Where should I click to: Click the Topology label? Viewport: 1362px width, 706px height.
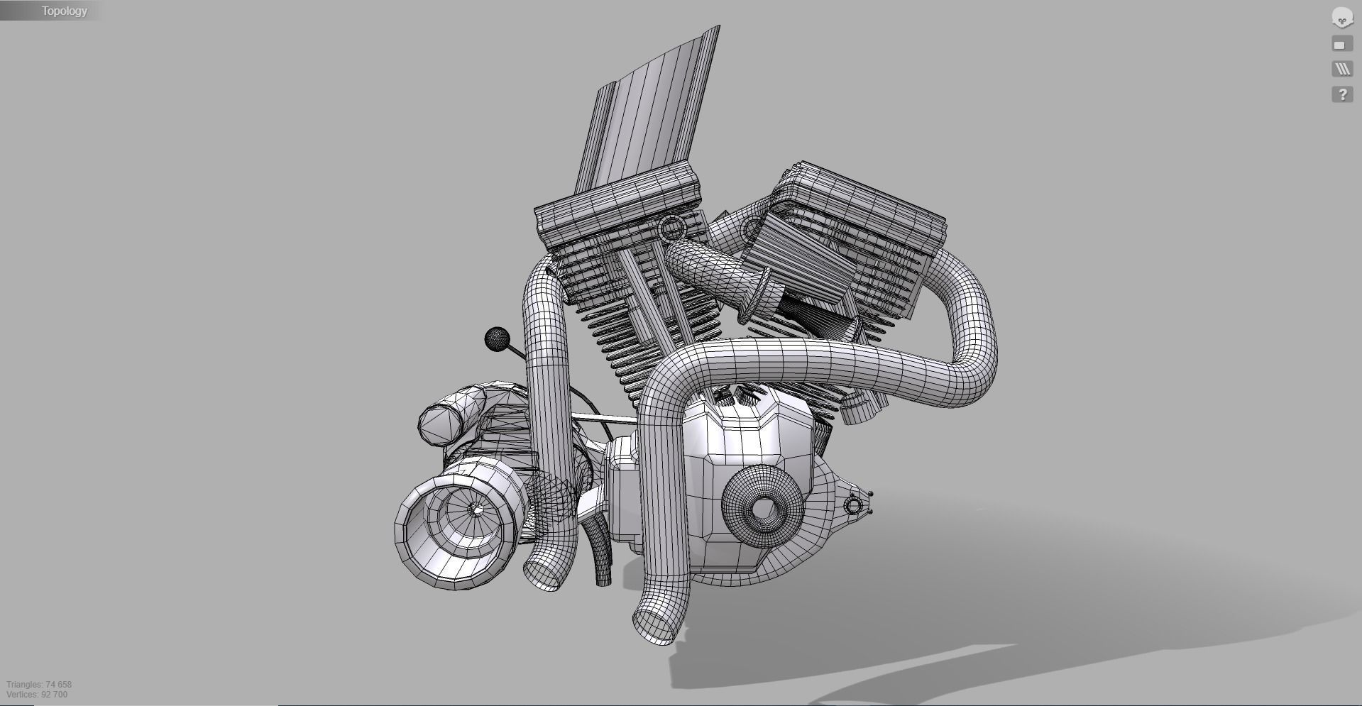coord(64,11)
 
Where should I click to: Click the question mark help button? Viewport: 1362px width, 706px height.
coord(1341,94)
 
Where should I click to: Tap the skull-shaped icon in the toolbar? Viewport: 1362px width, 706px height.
coord(1341,18)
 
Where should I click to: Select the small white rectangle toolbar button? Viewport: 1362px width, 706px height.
coord(1341,45)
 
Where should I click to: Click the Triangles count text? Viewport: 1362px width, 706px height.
coord(39,684)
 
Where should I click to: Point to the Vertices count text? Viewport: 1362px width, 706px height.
coord(37,695)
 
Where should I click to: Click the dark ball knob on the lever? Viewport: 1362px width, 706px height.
coord(497,339)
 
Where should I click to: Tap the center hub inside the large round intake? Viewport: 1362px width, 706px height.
coord(475,509)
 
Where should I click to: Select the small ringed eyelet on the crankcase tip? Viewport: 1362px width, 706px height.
coord(853,505)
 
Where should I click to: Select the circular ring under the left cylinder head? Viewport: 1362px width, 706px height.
coord(671,228)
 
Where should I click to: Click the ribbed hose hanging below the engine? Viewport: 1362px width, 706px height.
coord(601,553)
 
